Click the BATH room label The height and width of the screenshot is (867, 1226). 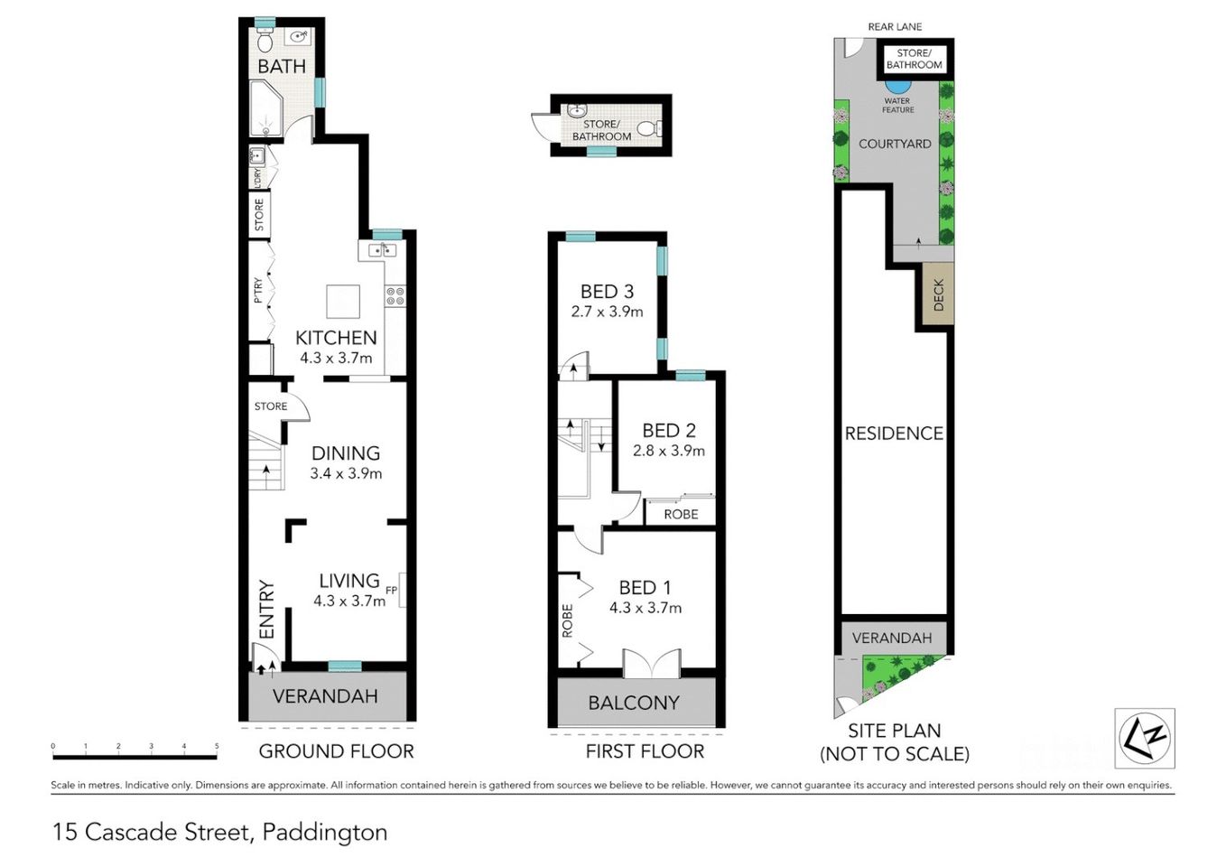click(281, 66)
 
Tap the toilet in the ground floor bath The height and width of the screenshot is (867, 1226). click(265, 42)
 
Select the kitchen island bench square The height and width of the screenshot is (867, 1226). click(343, 301)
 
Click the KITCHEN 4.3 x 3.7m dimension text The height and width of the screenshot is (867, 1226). click(336, 358)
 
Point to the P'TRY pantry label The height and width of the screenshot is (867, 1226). click(258, 290)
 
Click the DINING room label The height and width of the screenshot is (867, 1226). click(345, 453)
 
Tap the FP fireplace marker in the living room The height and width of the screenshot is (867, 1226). click(391, 590)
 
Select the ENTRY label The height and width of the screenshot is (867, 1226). click(266, 610)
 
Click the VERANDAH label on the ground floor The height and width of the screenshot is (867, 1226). click(325, 696)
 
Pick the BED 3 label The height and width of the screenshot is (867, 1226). click(607, 292)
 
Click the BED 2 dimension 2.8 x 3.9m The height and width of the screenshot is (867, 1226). click(669, 451)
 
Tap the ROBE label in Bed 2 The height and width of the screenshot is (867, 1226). click(681, 514)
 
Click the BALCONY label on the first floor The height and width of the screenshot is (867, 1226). click(634, 703)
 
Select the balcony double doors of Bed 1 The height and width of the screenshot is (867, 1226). click(651, 664)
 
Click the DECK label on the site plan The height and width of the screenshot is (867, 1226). click(938, 294)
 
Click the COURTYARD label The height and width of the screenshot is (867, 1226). click(894, 144)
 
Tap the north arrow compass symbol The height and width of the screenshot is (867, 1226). click(1145, 738)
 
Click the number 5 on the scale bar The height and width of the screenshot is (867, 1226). click(217, 747)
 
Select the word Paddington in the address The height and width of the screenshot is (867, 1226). click(324, 832)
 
